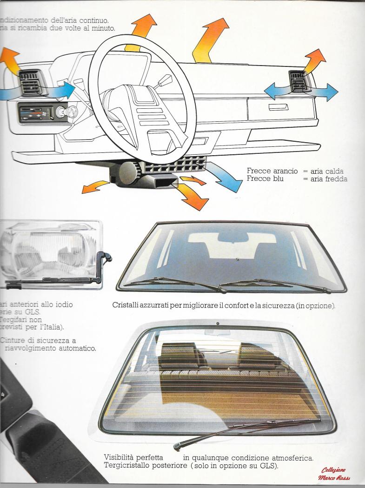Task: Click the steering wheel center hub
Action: pyautogui.click(x=139, y=107)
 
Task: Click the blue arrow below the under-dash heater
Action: pyautogui.click(x=226, y=179)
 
